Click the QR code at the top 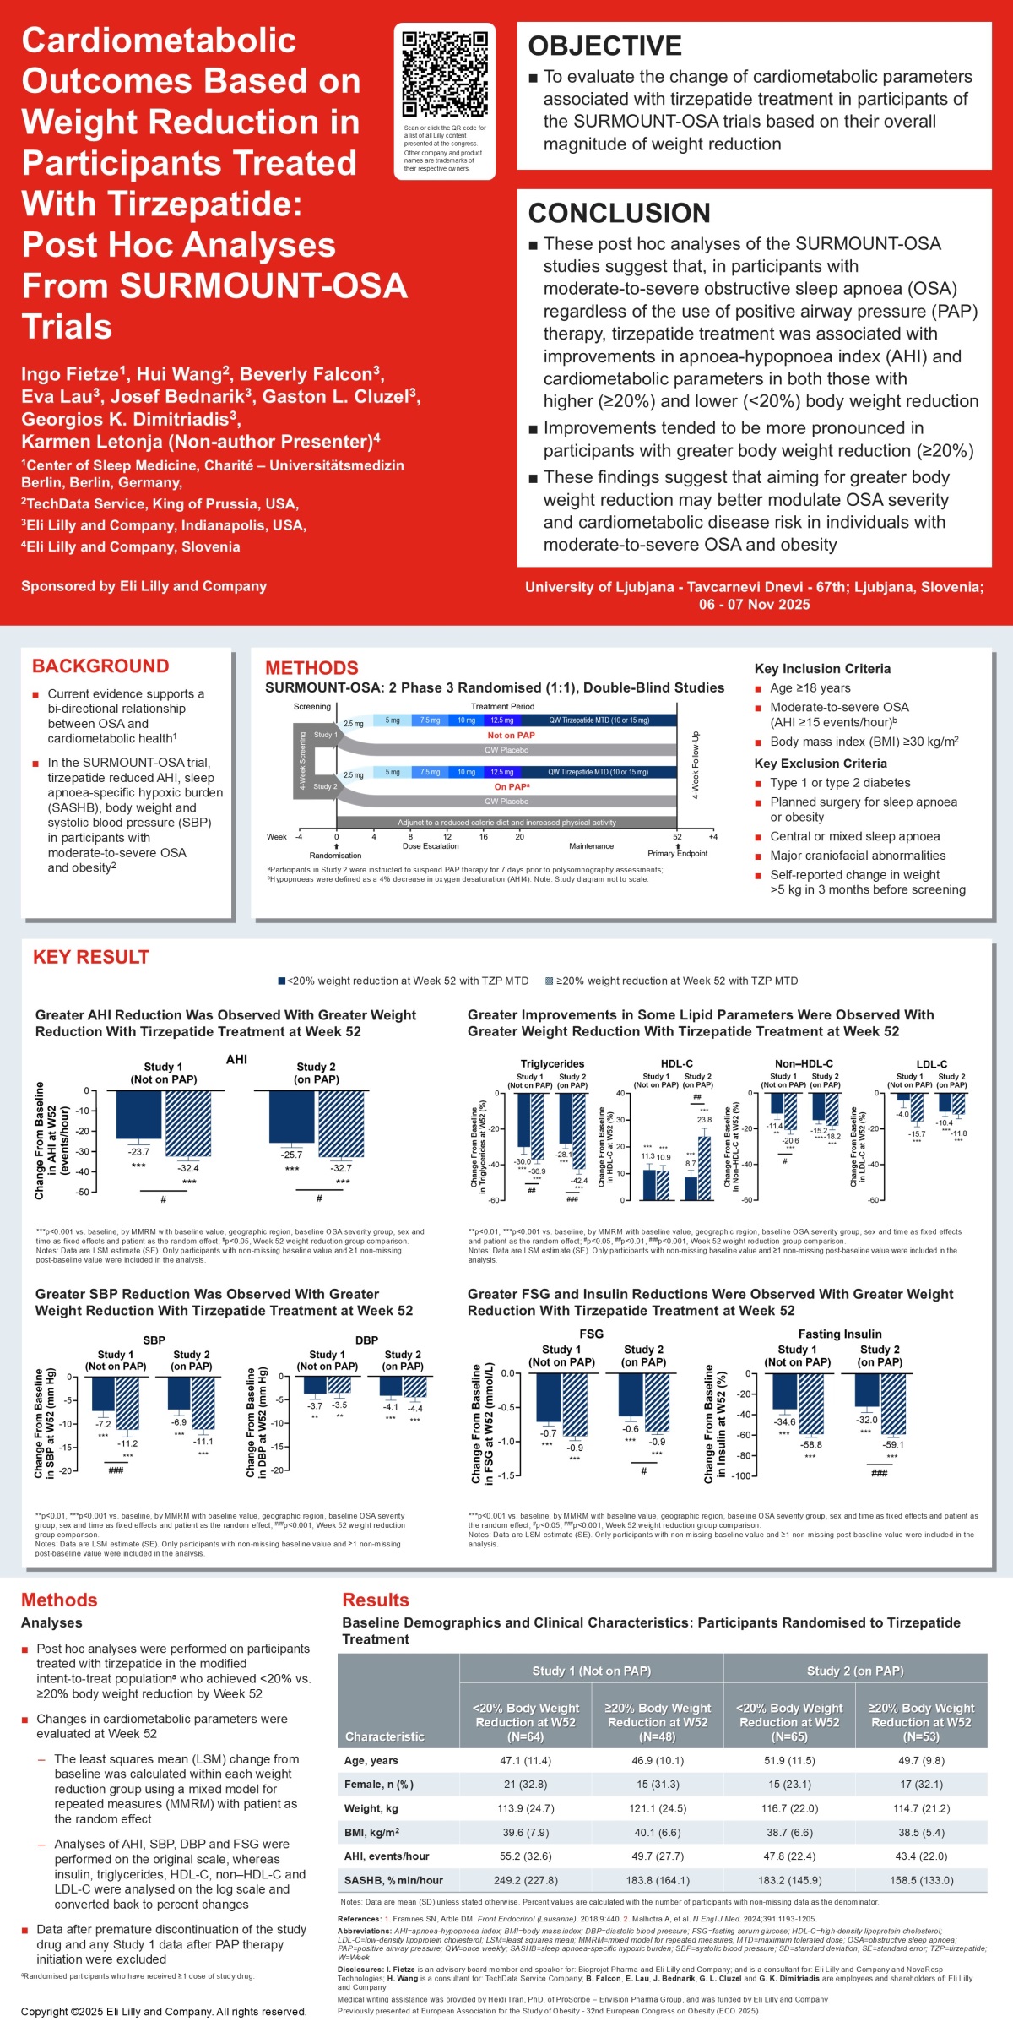pos(444,74)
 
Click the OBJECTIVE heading pos(604,46)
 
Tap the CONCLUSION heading pos(619,213)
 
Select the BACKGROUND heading pos(100,666)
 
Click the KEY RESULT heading pos(90,957)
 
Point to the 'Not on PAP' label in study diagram pos(511,736)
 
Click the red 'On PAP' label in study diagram pos(511,786)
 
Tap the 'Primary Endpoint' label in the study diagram pos(677,853)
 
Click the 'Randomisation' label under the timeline pos(335,856)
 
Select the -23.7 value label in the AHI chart pos(138,1151)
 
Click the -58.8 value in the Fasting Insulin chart pos(811,1445)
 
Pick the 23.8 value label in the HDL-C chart pos(704,1120)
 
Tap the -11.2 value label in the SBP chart pos(127,1443)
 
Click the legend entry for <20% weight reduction pos(404,981)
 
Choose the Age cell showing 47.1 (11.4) pos(525,1761)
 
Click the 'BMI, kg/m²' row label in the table pos(371,1833)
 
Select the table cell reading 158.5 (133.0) pos(921,1880)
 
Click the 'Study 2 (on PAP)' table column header pos(854,1671)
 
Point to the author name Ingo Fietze pos(73,374)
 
